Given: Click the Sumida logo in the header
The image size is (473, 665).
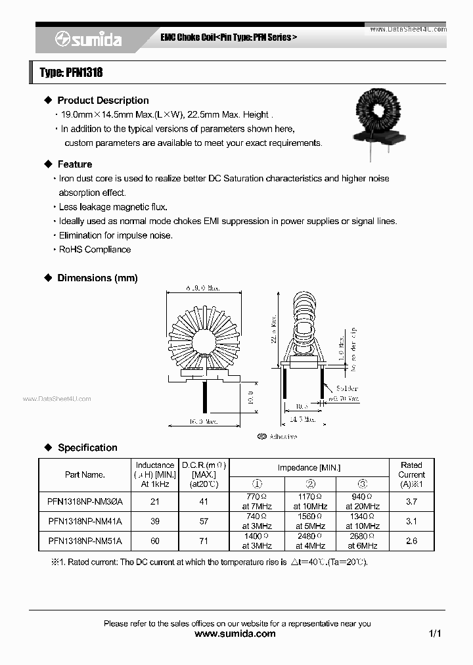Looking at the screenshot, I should pyautogui.click(x=88, y=39).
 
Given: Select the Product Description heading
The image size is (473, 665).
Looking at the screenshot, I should pyautogui.click(x=102, y=101).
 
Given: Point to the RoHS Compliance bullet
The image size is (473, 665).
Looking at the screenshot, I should pyautogui.click(x=95, y=250).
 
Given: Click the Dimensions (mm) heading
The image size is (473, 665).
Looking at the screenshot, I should pyautogui.click(x=97, y=278).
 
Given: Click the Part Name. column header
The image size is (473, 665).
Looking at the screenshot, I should pyautogui.click(x=85, y=474).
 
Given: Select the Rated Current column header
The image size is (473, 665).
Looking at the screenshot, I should pyautogui.click(x=411, y=474).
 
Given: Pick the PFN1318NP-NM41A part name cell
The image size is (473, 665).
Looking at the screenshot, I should pyautogui.click(x=85, y=521).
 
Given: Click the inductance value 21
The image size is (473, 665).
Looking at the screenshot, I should pyautogui.click(x=155, y=501).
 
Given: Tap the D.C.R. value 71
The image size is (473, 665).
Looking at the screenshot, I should pyautogui.click(x=204, y=541).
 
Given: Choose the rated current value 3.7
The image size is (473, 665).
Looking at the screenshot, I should pyautogui.click(x=411, y=501).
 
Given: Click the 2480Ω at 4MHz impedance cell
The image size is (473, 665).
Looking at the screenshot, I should pyautogui.click(x=309, y=541).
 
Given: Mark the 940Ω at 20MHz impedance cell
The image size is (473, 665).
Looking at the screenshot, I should pyautogui.click(x=363, y=501).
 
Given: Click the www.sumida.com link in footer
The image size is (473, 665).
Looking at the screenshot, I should pyautogui.click(x=236, y=633).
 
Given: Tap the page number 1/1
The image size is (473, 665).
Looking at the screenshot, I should pyautogui.click(x=434, y=633).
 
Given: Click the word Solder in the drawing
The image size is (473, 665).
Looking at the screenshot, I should pyautogui.click(x=347, y=388).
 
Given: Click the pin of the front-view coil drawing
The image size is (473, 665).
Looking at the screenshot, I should pyautogui.click(x=206, y=398).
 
